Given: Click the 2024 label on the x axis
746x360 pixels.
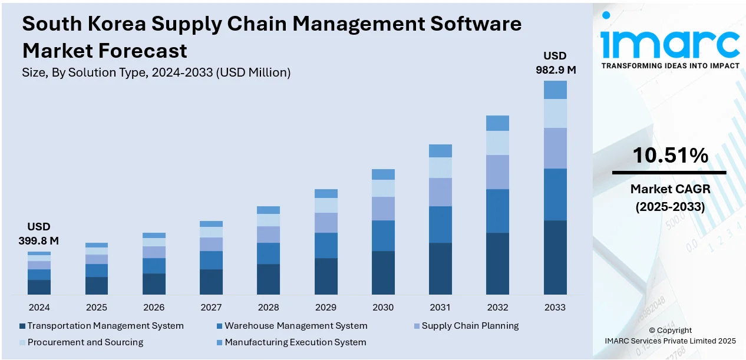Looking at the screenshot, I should coord(39,307).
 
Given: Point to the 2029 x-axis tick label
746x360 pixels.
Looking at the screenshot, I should coord(326,307).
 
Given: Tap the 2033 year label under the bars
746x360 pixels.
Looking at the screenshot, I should coord(555,307).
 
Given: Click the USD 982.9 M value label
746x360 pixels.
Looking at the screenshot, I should coord(555,62).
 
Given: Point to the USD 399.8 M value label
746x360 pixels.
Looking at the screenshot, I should coord(39,233).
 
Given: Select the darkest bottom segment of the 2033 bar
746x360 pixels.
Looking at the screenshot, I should coord(555,257).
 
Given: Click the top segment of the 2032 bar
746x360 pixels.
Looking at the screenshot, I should coord(497,123).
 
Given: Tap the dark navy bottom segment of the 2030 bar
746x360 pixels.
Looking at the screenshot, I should coord(383,273).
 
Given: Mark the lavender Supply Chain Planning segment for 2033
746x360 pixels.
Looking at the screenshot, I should coord(555,148).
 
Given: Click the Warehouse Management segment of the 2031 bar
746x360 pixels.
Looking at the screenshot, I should coord(440,224).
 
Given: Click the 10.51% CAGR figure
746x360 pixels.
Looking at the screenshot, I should coord(670,156).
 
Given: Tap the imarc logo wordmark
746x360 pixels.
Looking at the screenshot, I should coord(670,42).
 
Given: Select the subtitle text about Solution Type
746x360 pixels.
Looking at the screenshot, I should coord(156,72).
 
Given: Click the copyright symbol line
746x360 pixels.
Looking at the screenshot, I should coord(670,330).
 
